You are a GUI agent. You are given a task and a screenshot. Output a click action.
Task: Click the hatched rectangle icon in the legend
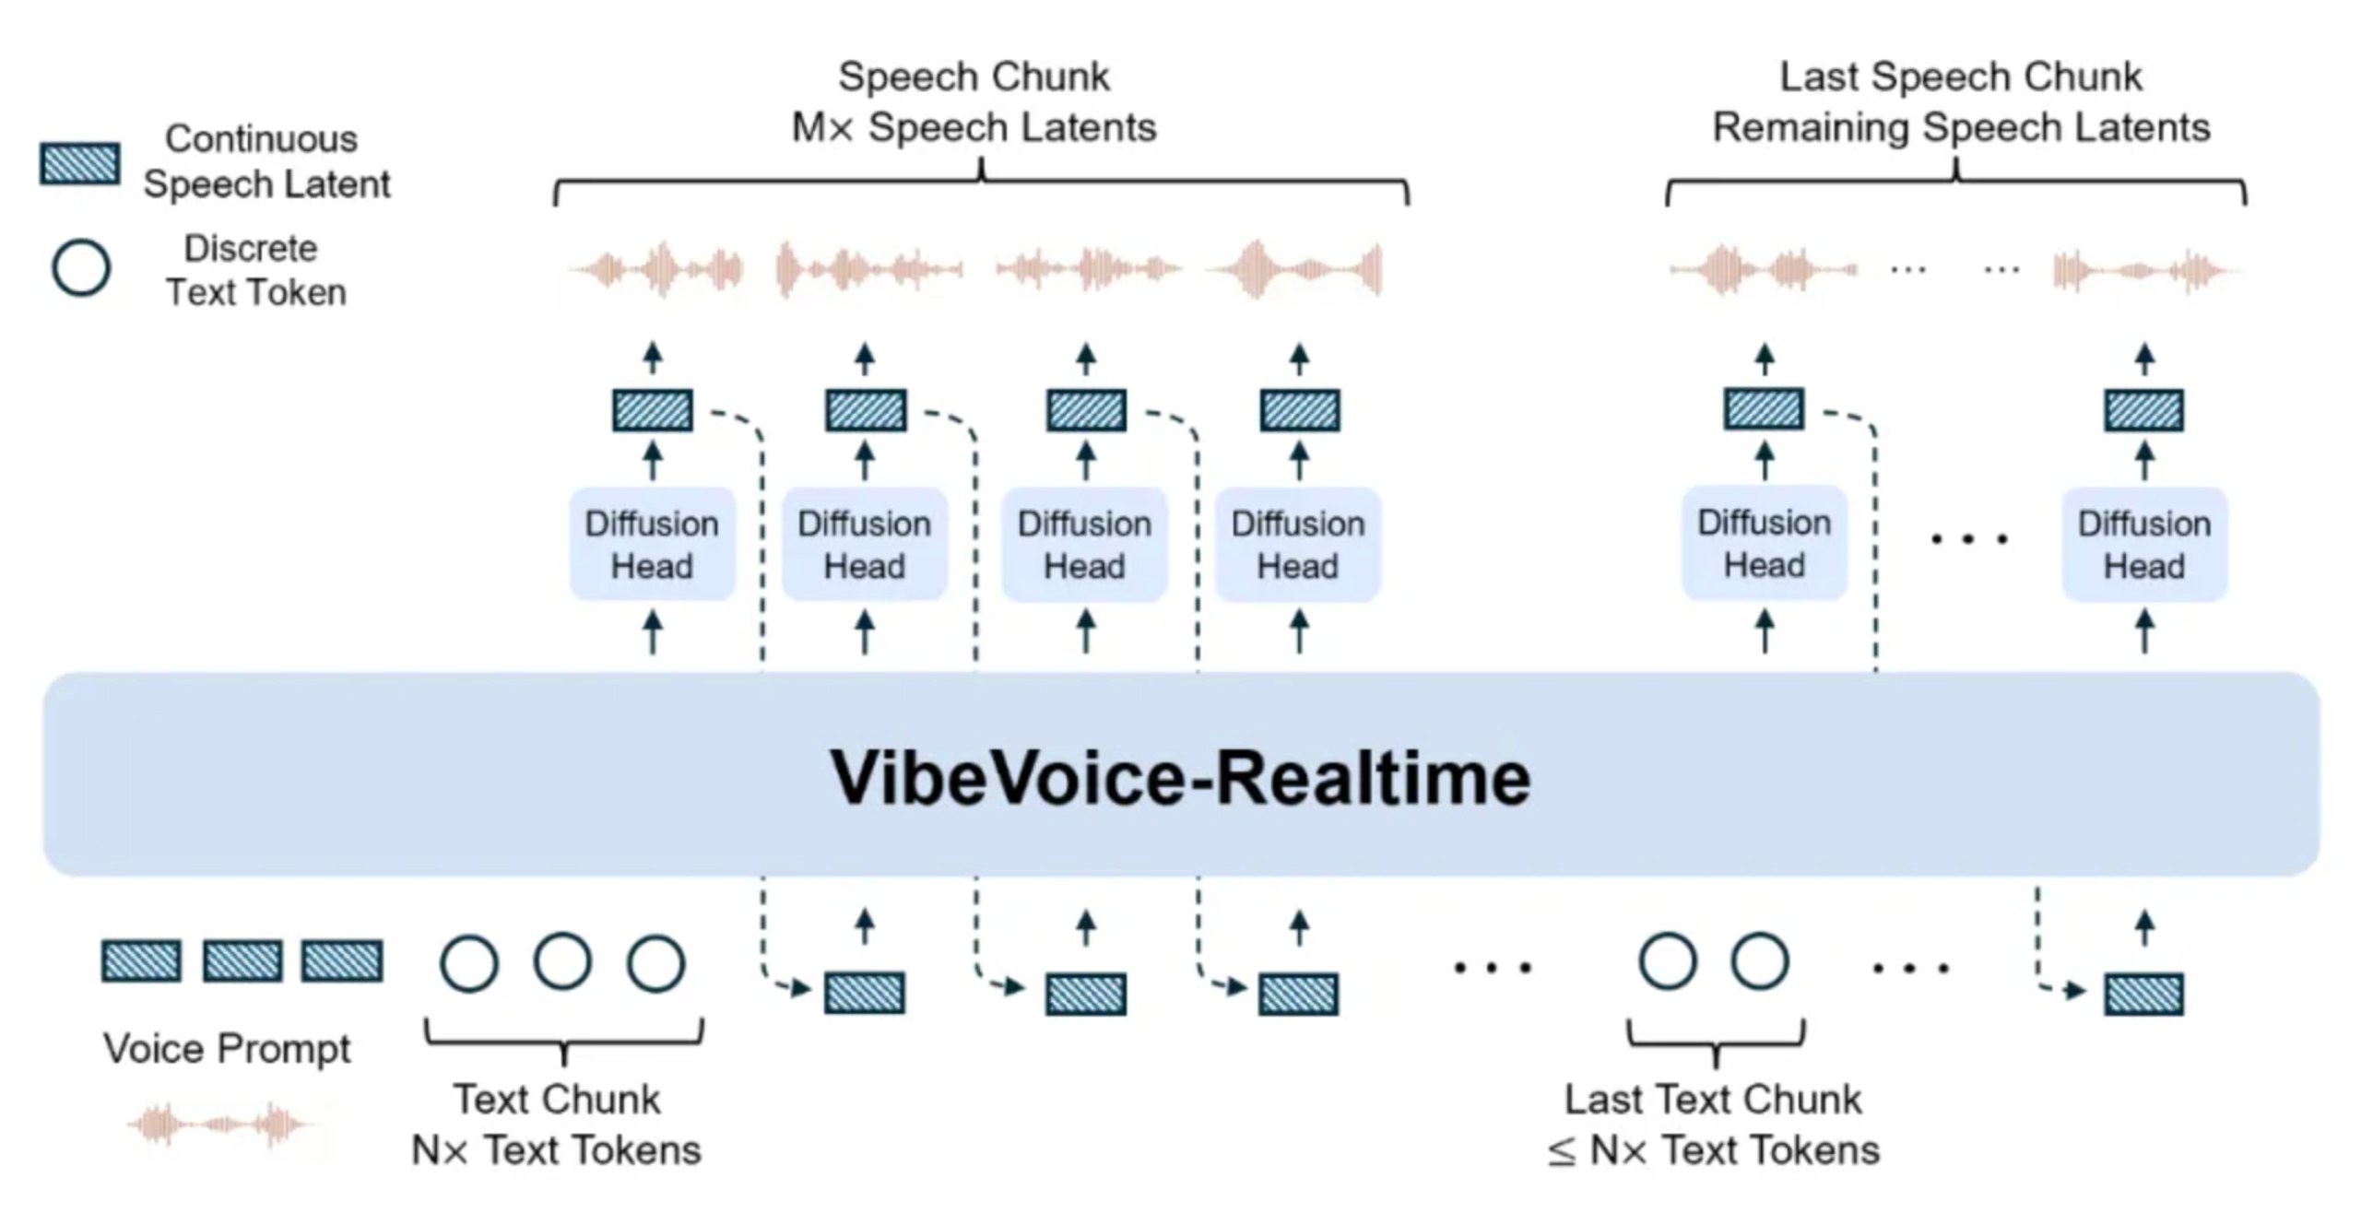(x=79, y=164)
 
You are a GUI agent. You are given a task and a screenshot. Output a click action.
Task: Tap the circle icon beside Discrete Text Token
(x=81, y=268)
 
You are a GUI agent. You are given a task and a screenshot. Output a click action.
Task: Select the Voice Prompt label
(x=227, y=1049)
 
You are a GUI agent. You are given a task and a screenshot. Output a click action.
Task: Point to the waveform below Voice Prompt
(x=219, y=1125)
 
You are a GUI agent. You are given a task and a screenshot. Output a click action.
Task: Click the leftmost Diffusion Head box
(x=652, y=545)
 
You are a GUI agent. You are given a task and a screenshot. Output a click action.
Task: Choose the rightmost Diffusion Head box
(x=2143, y=545)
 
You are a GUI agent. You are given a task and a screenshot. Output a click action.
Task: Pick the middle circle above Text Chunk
(x=562, y=962)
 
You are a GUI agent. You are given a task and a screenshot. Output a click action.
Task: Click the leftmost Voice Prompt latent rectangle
(x=141, y=961)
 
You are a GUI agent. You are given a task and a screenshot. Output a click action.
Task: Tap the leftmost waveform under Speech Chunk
(x=656, y=270)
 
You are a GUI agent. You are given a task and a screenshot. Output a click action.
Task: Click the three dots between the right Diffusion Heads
(x=1968, y=539)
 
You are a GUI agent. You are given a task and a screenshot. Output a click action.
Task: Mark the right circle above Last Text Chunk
(x=1759, y=962)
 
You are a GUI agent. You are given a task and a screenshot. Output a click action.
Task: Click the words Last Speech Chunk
(x=1960, y=77)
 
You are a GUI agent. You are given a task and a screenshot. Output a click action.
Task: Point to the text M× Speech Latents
(x=974, y=127)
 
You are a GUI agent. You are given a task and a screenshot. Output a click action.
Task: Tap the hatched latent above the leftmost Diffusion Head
(x=653, y=410)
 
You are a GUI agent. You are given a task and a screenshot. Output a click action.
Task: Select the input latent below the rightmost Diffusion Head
(x=2143, y=994)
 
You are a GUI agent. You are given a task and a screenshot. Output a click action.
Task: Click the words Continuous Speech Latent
(x=266, y=161)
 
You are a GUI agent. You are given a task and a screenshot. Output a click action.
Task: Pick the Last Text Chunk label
(x=1713, y=1100)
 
